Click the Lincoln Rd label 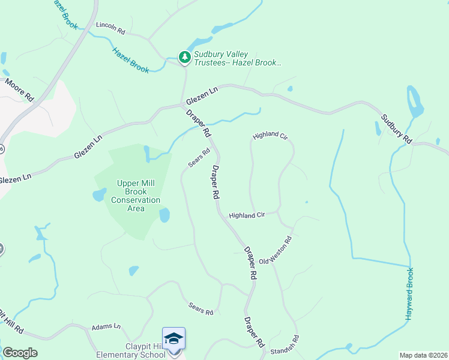point(110,28)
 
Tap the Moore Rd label point(20,89)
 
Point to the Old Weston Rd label point(276,250)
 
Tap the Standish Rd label point(282,347)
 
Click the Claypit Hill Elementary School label point(131,350)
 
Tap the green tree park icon point(185,58)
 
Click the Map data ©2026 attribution point(423,355)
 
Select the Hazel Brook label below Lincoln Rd point(130,61)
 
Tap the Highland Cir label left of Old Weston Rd point(247,215)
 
